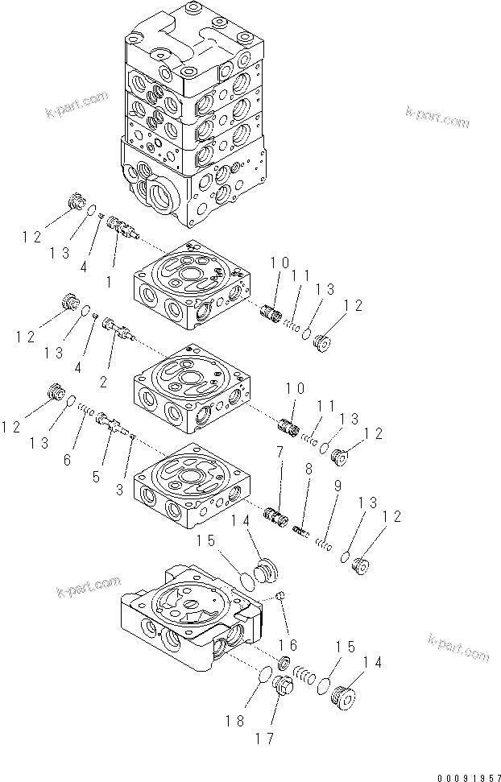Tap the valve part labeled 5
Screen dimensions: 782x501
point(110,423)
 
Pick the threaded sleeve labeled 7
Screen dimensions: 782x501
point(277,515)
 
